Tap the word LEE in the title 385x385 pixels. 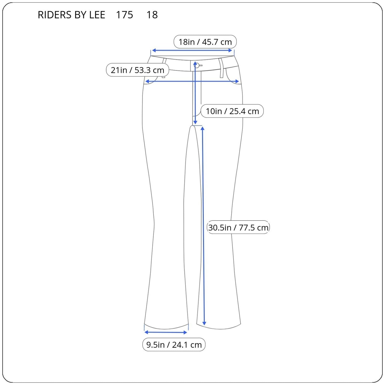click(x=97, y=15)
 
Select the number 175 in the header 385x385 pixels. click(x=124, y=15)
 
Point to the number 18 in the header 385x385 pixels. click(x=152, y=15)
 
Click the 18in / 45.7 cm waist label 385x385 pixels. click(x=205, y=42)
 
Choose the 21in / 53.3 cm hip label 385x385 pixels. click(x=137, y=70)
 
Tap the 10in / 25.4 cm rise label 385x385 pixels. click(x=232, y=111)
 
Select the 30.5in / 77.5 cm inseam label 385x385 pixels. click(x=238, y=228)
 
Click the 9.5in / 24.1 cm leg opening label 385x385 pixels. click(x=174, y=345)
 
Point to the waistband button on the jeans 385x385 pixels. click(x=197, y=65)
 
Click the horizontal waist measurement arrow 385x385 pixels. click(x=192, y=51)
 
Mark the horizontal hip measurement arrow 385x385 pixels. click(x=192, y=81)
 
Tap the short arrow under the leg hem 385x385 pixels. click(x=166, y=332)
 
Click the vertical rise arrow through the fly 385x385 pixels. click(x=195, y=93)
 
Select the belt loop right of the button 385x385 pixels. click(x=221, y=68)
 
